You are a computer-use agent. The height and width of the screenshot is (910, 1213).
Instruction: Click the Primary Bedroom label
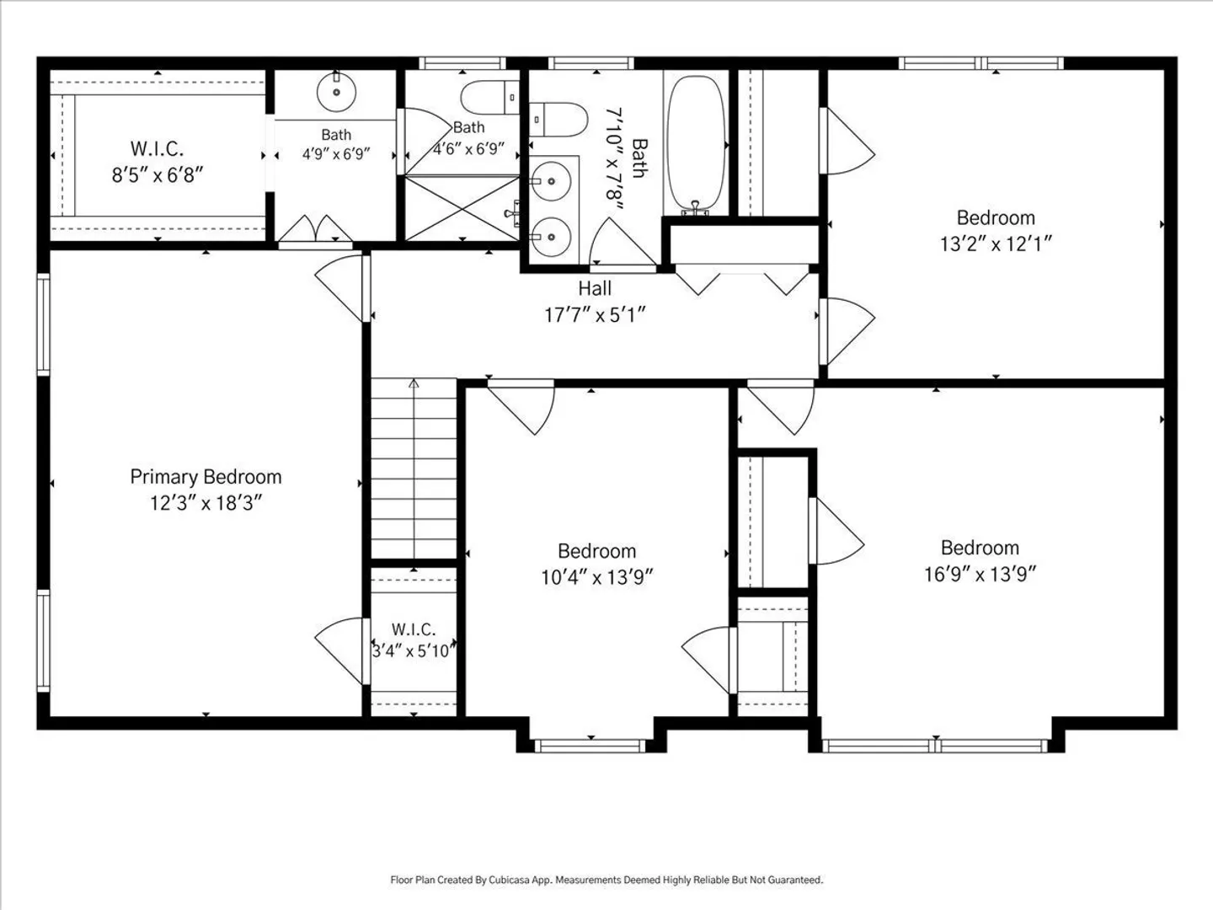tap(206, 477)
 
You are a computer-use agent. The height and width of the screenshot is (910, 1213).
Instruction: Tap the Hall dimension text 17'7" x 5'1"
tap(596, 315)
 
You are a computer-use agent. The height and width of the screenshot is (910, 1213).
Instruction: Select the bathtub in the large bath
tap(696, 145)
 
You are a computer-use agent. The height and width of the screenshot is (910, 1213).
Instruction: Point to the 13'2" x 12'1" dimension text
tap(996, 244)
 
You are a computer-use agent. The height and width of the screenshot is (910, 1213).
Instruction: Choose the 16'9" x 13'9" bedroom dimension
tap(980, 575)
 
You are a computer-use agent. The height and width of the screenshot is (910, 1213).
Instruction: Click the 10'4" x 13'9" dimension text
tap(597, 577)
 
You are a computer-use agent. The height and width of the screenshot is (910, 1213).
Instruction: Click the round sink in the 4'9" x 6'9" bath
tap(337, 92)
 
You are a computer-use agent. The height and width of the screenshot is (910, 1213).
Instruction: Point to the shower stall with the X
tap(462, 208)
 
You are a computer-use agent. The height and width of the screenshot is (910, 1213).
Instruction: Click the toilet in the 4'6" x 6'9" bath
tap(490, 98)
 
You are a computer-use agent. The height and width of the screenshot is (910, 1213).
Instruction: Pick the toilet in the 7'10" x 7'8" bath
tap(558, 120)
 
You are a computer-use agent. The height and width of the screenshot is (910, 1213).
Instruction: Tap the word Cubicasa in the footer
tap(508, 880)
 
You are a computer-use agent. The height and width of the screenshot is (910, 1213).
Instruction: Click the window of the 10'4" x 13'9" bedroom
tap(590, 746)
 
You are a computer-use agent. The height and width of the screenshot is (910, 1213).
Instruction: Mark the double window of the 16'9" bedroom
tap(935, 746)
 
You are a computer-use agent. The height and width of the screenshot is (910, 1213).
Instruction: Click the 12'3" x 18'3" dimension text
tap(206, 503)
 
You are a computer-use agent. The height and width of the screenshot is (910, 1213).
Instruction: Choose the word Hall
tap(595, 288)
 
